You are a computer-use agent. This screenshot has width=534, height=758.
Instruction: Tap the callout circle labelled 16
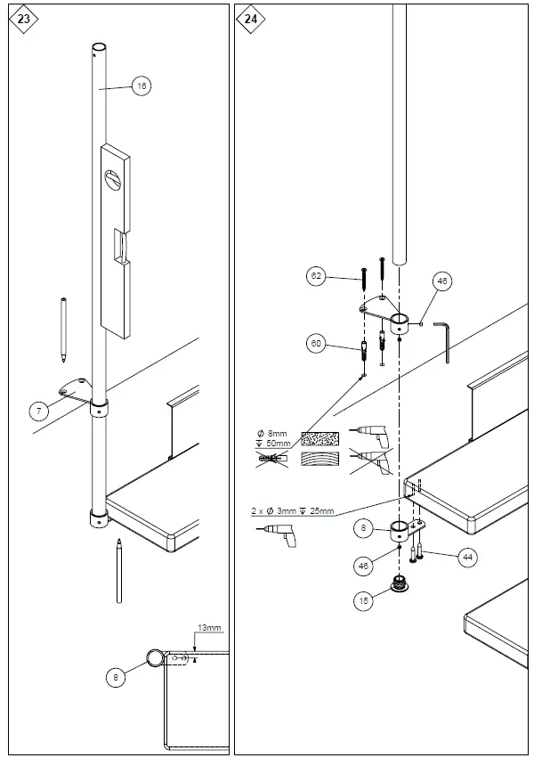click(142, 86)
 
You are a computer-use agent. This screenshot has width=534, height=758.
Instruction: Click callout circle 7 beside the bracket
click(38, 411)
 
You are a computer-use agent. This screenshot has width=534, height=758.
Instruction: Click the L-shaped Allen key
click(445, 339)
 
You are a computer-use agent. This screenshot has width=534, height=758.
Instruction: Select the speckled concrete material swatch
click(320, 439)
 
